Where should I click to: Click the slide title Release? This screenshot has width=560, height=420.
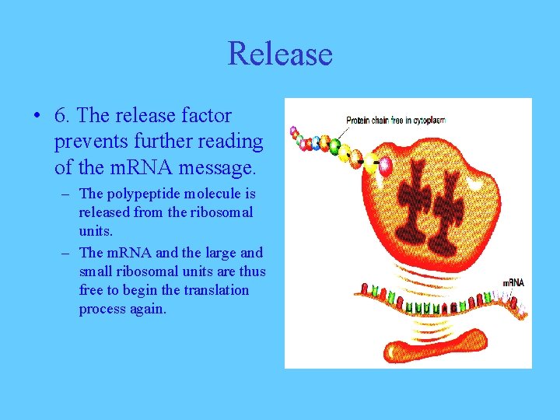click(x=280, y=54)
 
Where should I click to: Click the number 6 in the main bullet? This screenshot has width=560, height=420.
click(x=60, y=116)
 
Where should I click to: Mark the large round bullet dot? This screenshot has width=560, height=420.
click(x=37, y=117)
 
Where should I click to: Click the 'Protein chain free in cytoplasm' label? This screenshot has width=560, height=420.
click(x=395, y=121)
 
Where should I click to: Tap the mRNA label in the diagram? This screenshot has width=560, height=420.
click(x=513, y=282)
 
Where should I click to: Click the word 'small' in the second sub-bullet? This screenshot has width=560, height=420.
click(x=95, y=271)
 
